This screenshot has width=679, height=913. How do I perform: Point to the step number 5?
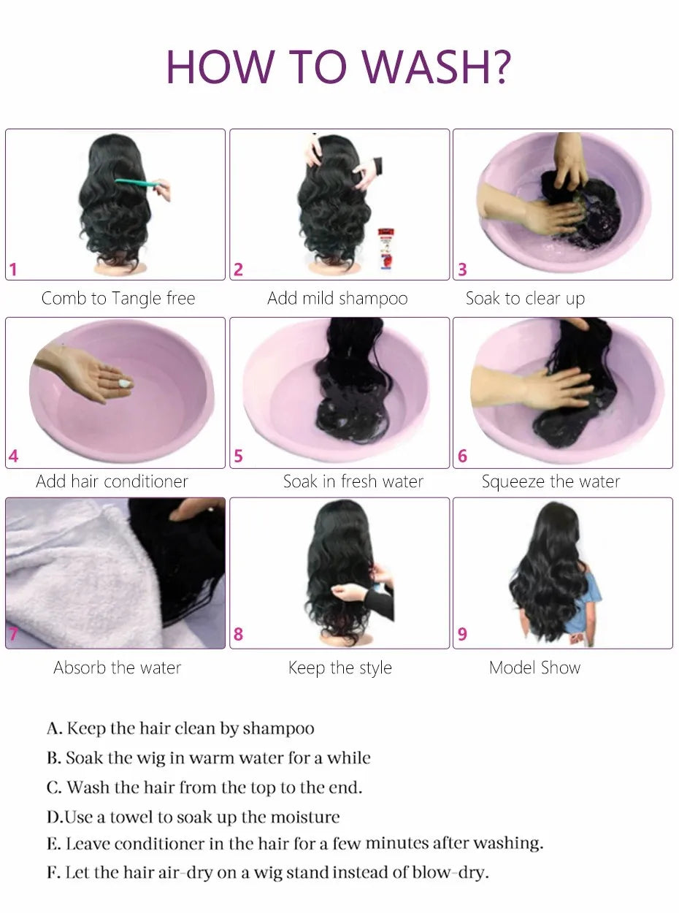[238, 457]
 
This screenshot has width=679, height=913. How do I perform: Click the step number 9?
[462, 634]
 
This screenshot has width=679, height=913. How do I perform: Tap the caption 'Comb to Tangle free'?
[118, 298]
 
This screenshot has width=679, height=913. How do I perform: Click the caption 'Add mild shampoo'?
[337, 298]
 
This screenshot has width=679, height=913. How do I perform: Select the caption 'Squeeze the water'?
[551, 481]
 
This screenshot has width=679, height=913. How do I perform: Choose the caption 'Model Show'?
[534, 668]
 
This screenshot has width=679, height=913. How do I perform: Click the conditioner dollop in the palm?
[126, 383]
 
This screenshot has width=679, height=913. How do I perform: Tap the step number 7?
[13, 634]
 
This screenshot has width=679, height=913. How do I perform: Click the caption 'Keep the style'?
[339, 668]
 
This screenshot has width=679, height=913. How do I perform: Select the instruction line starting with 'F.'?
[267, 872]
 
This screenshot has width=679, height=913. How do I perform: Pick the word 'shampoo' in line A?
[278, 728]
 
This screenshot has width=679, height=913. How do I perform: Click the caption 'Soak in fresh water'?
[353, 481]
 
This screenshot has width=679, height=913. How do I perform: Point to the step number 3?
[462, 270]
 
